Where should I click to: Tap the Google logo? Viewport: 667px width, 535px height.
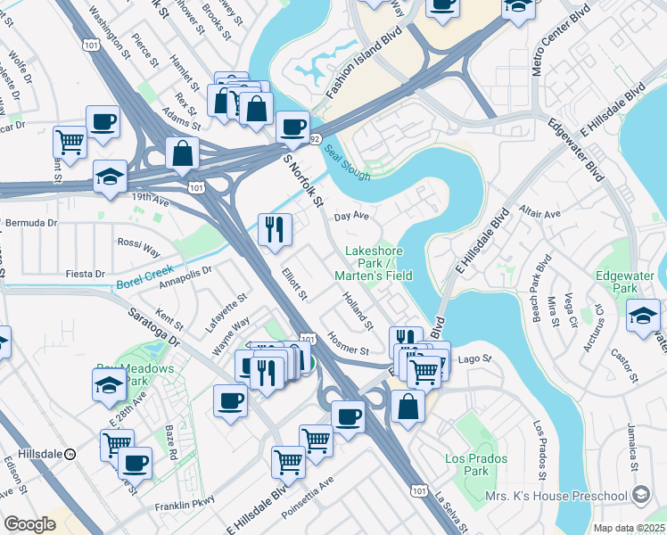[x=29, y=524]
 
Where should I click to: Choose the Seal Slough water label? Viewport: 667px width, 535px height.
[x=345, y=164]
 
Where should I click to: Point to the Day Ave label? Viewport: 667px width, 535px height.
[x=351, y=216]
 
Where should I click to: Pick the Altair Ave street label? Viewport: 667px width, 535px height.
[x=540, y=215]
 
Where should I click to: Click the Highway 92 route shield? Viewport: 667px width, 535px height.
[x=314, y=139]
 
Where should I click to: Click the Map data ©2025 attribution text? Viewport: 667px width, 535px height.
[x=629, y=528]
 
